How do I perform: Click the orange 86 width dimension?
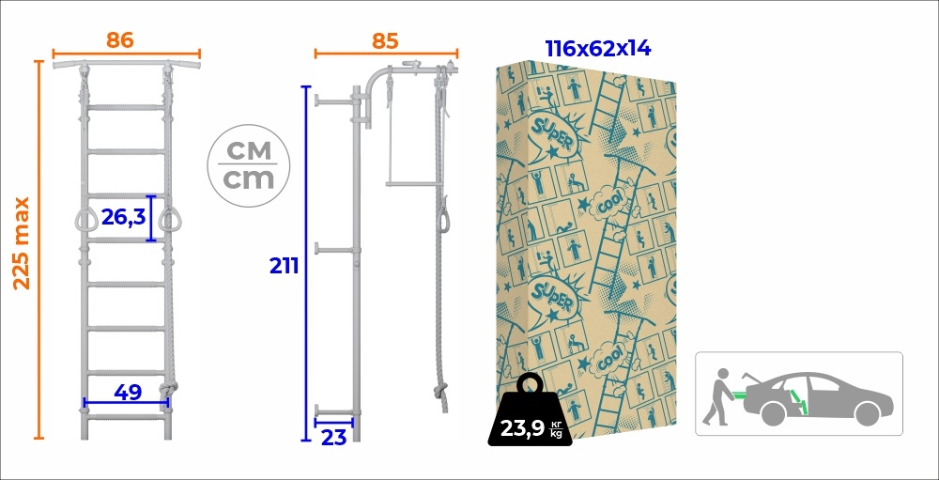[x=120, y=40]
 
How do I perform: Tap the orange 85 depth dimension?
[x=384, y=40]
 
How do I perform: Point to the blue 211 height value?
[x=284, y=266]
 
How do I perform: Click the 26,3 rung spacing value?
[x=123, y=217]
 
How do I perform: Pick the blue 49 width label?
[x=128, y=393]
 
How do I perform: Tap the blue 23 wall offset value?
[x=333, y=438]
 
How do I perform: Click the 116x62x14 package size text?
[x=597, y=49]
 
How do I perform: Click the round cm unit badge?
[x=249, y=166]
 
